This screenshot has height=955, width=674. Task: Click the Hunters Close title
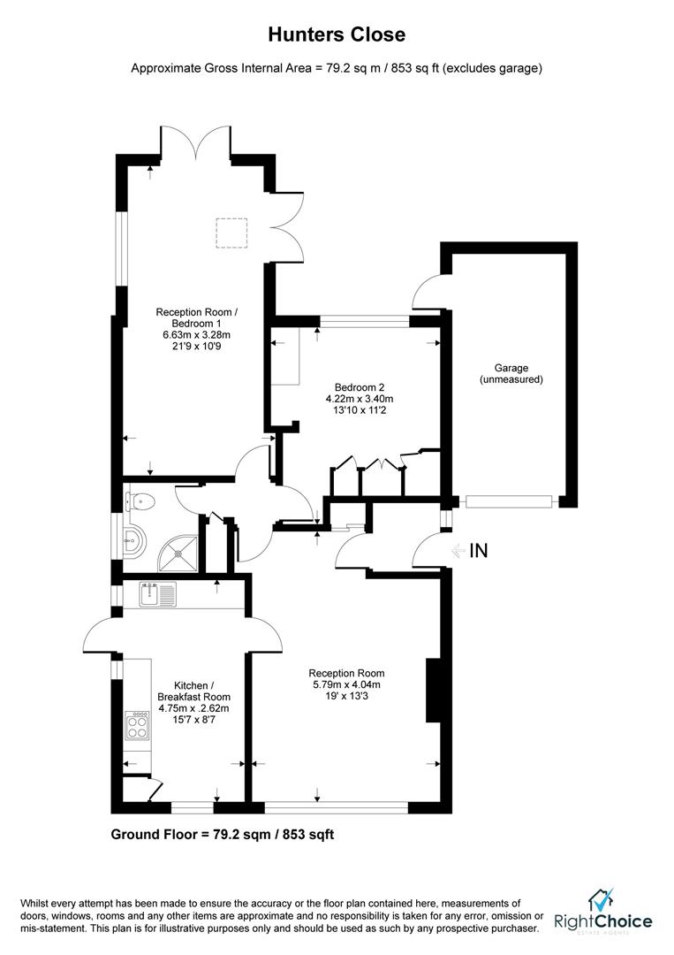pos(337,34)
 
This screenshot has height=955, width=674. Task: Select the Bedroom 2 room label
pos(359,386)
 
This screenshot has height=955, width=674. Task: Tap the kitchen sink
pos(158,594)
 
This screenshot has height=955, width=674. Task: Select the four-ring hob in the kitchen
pos(139,727)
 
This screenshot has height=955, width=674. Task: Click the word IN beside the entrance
pos(478,550)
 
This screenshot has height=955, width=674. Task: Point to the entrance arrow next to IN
pos(458,550)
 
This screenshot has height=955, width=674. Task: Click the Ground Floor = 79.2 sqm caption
pos(222,834)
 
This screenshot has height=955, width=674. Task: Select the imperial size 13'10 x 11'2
pos(359,410)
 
